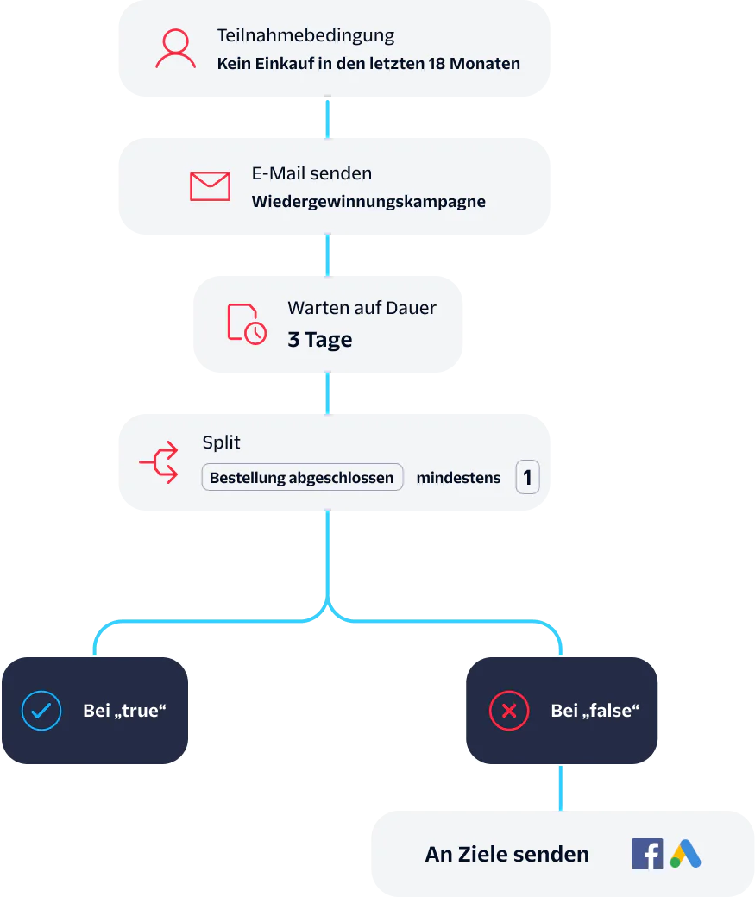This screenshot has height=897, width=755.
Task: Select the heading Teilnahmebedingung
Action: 305,36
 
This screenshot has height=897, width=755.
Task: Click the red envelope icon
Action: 210,186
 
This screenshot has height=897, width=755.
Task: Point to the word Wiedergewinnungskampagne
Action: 368,202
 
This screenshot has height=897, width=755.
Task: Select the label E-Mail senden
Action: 311,173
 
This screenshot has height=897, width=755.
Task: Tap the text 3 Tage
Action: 319,340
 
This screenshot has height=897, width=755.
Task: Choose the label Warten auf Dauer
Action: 362,308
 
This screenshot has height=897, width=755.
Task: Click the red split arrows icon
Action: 160,462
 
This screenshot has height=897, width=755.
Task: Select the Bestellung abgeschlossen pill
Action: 302,478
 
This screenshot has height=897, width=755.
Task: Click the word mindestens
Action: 458,478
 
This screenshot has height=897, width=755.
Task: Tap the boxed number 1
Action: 527,477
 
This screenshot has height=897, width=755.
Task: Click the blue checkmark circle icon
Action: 41,712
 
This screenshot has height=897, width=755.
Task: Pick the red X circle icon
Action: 508,712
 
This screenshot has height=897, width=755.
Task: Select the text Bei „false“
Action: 595,712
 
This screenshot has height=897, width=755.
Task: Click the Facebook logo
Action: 647,854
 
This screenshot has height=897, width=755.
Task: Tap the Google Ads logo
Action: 686,854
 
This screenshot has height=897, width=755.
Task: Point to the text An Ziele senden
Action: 506,855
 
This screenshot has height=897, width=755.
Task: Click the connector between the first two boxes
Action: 328,116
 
